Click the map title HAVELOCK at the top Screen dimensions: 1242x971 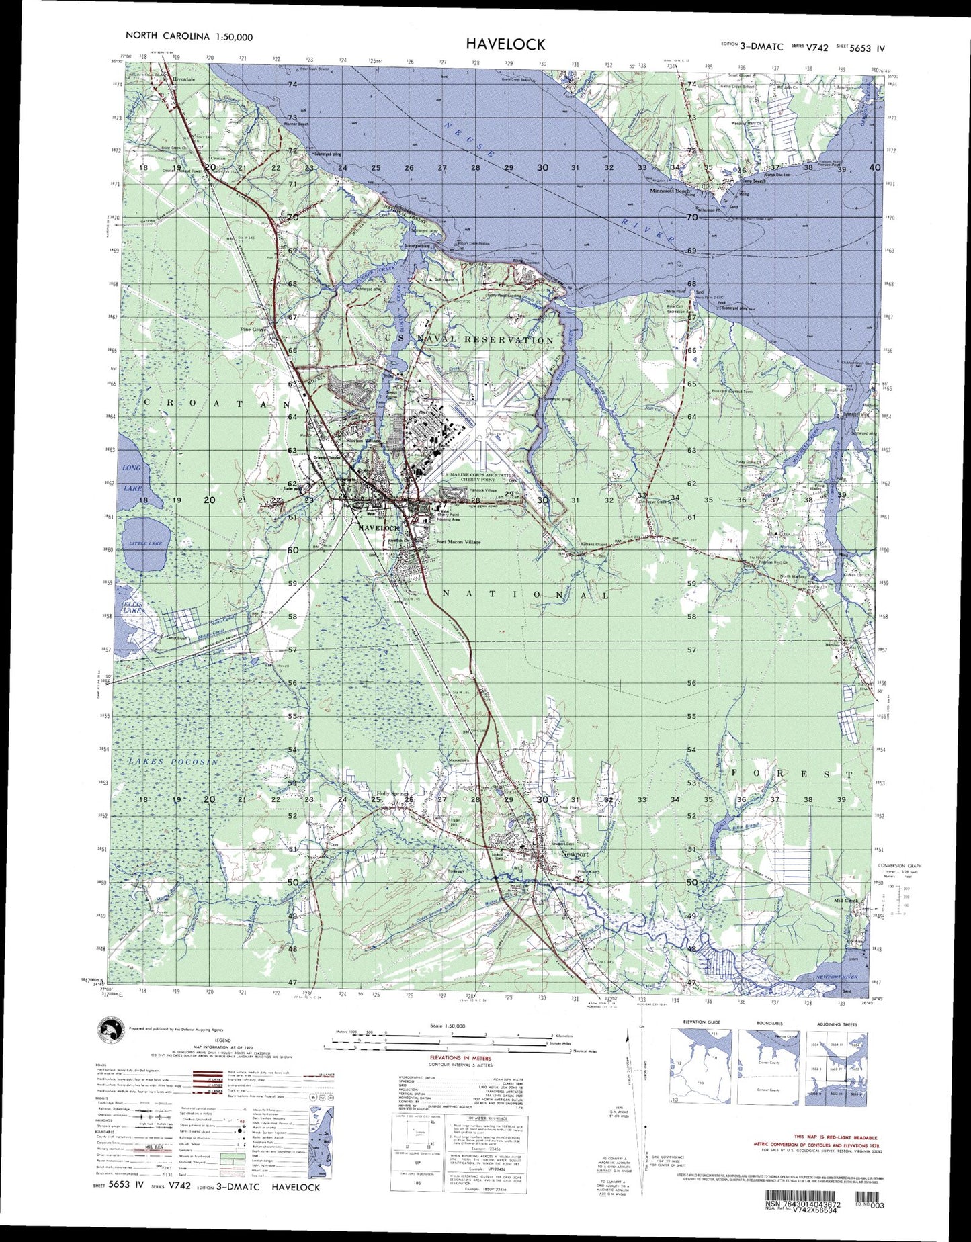pyautogui.click(x=506, y=44)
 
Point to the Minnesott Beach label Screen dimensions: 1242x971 pyautogui.click(x=670, y=191)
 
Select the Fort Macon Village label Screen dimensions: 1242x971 pyautogui.click(x=458, y=542)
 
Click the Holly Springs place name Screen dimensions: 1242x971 pyautogui.click(x=392, y=794)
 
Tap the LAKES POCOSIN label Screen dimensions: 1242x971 pyautogui.click(x=173, y=762)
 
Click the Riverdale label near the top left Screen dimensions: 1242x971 pyautogui.click(x=183, y=79)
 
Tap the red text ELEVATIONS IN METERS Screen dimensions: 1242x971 pyautogui.click(x=460, y=1058)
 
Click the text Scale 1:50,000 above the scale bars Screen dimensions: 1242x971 pyautogui.click(x=447, y=1026)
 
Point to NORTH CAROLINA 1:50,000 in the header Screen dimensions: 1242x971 pyautogui.click(x=189, y=37)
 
